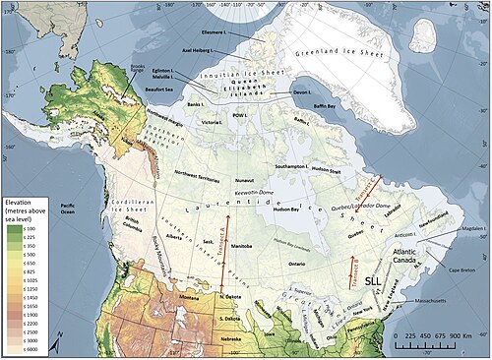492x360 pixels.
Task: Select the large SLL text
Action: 374,280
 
